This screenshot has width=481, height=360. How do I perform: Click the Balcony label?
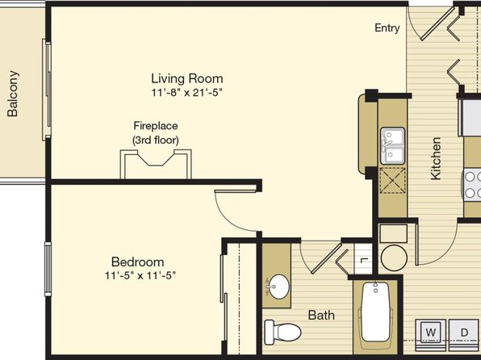click(x=13, y=94)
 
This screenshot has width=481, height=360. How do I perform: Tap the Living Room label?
click(x=186, y=78)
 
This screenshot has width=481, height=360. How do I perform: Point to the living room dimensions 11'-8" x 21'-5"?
click(x=186, y=92)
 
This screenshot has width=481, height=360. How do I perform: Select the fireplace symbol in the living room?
click(x=156, y=164)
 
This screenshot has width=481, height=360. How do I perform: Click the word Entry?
click(x=387, y=28)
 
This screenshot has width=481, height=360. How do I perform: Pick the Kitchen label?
click(x=436, y=158)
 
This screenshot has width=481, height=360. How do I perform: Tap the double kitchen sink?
click(x=393, y=146)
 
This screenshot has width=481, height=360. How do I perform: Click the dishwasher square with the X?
click(x=393, y=181)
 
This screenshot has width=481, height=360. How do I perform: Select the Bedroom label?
click(x=137, y=262)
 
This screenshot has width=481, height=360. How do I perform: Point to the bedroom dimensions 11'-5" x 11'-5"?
click(x=140, y=275)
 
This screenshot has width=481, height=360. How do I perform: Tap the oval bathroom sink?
click(x=278, y=287)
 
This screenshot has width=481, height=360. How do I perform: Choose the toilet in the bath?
click(x=282, y=332)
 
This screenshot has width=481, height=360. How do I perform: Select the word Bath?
click(x=321, y=315)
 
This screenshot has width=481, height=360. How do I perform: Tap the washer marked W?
click(x=431, y=333)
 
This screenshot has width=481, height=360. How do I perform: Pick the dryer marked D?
click(x=464, y=333)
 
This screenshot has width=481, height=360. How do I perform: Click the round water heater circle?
click(x=394, y=257)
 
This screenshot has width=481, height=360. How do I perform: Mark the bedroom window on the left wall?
click(x=48, y=269)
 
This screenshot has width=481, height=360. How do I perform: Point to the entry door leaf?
click(x=437, y=23)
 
